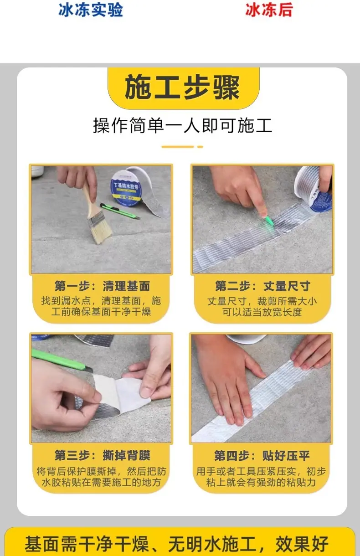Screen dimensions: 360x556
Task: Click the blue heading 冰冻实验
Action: click(x=91, y=10)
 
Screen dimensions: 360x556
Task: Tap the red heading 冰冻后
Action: click(x=269, y=10)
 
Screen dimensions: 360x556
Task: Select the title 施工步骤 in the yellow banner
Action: click(x=182, y=88)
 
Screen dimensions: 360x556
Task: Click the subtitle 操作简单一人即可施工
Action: click(x=182, y=126)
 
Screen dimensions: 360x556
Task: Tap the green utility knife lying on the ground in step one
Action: click(x=120, y=211)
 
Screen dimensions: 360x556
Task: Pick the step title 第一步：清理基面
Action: click(x=102, y=286)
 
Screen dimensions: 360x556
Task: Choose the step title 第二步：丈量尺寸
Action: click(x=262, y=286)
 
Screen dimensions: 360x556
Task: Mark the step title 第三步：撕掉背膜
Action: click(x=102, y=455)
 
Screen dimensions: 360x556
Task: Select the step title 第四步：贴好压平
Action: click(x=262, y=455)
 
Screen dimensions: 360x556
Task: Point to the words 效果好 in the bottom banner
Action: click(x=302, y=544)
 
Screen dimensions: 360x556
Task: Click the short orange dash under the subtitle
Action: click(x=200, y=147)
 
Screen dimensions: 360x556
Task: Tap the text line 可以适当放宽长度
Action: click(x=262, y=312)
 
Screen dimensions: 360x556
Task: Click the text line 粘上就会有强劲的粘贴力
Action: click(x=261, y=482)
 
